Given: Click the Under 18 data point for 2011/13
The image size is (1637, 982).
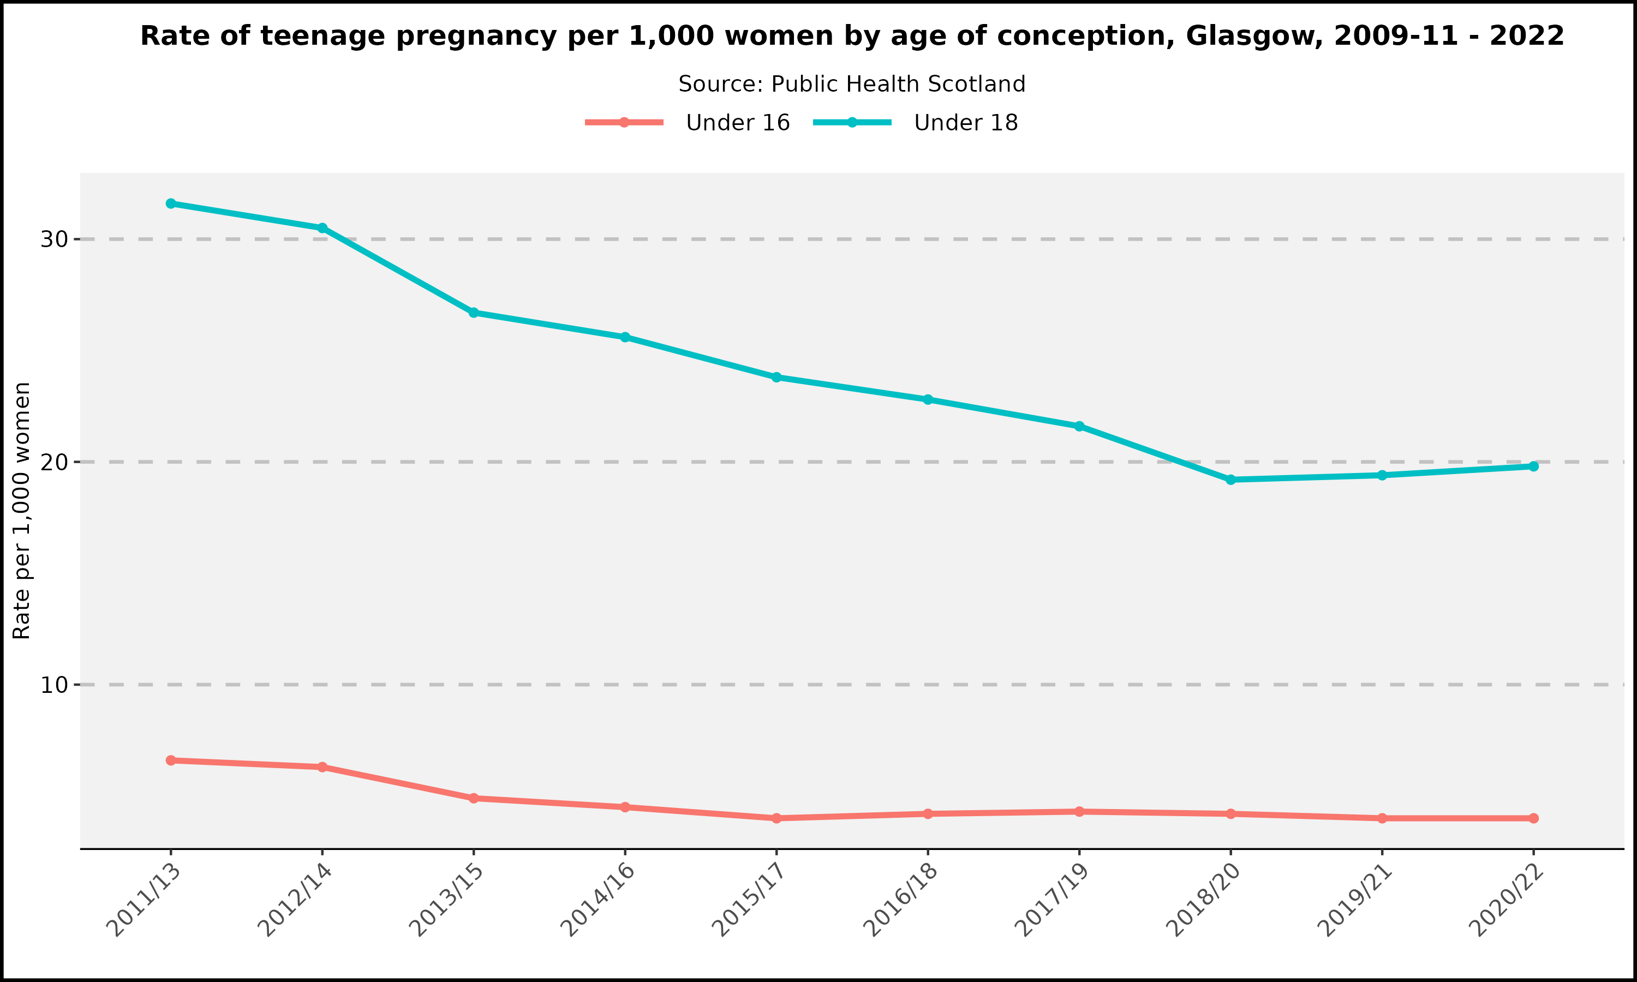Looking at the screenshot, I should coord(171,204).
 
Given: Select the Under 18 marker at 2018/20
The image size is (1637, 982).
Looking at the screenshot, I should coord(1230,480).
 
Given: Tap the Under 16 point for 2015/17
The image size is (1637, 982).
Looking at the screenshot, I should coord(777,818).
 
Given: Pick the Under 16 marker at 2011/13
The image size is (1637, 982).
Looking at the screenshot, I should coord(171,761).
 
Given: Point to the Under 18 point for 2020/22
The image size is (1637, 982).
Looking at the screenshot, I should coord(1534,466).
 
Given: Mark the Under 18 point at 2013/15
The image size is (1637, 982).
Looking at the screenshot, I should coord(474,313).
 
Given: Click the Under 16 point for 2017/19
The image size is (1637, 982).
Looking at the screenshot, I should coord(1079,811).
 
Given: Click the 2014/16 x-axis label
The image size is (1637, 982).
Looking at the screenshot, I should coord(598,900).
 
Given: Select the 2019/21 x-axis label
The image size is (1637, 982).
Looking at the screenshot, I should coord(1355,900).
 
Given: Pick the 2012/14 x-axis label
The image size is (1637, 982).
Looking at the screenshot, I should coord(295,900).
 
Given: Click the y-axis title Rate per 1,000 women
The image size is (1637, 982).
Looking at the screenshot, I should coord(22,511).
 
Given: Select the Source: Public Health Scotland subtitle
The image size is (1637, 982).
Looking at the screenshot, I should coord(852,84).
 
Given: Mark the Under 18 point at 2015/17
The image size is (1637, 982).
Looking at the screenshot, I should coord(777,377).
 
